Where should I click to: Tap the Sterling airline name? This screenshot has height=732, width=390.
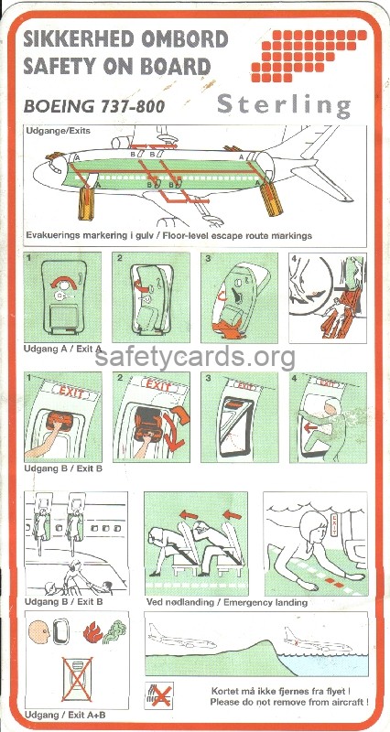[x=284, y=105]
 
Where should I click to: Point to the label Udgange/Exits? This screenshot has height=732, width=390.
[x=56, y=133]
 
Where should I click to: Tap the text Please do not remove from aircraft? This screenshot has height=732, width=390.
[x=289, y=701]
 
